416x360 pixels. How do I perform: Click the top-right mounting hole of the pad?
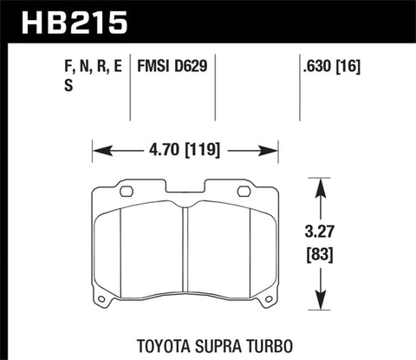tap(254, 192)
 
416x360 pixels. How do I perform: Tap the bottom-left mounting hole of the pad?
tap(101, 301)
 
